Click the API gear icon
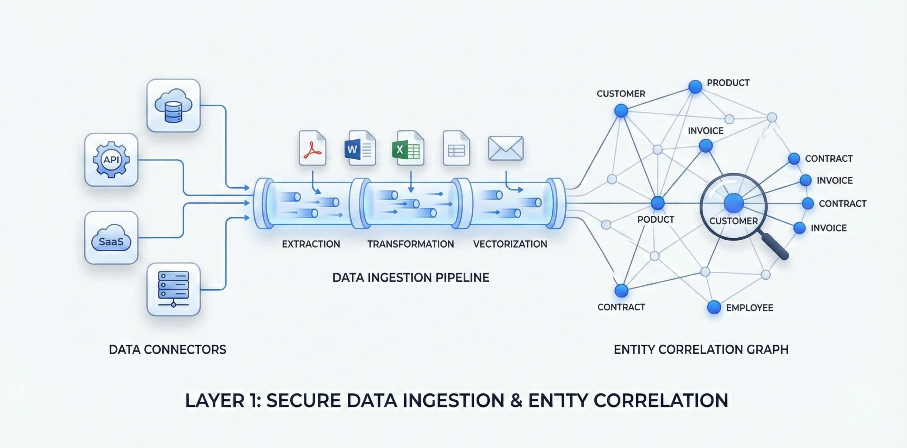pos(111,160)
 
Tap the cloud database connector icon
pos(173,105)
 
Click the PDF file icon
pos(312,148)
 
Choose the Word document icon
pos(360,148)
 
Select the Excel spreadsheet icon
pos(408,148)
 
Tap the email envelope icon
pos(506,148)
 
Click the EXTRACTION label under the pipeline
pos(311,244)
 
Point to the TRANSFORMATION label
pos(411,244)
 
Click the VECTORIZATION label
pos(510,244)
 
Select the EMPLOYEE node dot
pos(714,307)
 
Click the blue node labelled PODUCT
pos(658,203)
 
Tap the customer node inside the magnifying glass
pos(734,203)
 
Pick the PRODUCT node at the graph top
pos(695,86)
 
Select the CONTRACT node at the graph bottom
pos(621,291)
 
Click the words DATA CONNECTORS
pos(167,350)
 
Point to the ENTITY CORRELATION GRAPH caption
pos(701,350)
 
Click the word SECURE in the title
pos(303,400)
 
